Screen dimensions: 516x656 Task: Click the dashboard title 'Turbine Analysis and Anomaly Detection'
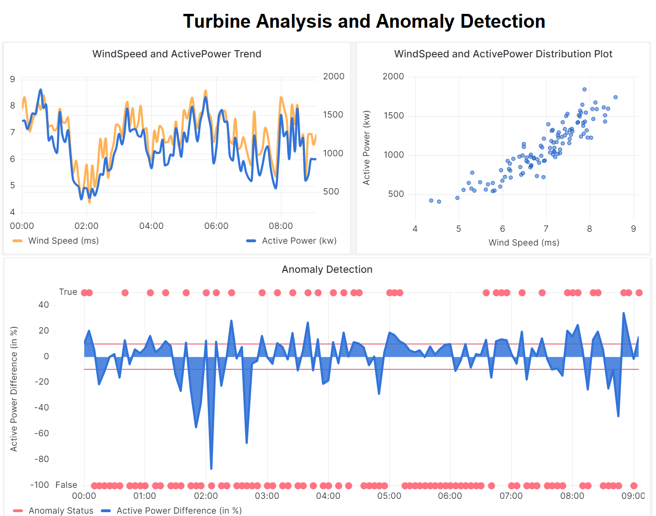click(x=364, y=21)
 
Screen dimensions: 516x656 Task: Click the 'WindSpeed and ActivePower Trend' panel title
click(x=177, y=54)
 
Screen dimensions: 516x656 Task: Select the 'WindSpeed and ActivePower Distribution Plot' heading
click(x=503, y=54)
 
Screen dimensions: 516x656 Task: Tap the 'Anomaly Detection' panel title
click(x=327, y=269)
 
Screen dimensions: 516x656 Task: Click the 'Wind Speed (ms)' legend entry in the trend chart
click(x=63, y=241)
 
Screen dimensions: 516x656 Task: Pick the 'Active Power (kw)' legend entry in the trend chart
click(x=299, y=241)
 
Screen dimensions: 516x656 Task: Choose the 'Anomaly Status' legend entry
click(x=61, y=511)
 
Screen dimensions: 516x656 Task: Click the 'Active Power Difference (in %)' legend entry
click(x=179, y=511)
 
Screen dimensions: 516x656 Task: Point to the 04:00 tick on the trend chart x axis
click(x=151, y=226)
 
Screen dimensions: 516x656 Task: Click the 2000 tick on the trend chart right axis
click(x=333, y=76)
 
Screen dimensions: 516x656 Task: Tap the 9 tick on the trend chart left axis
click(x=12, y=79)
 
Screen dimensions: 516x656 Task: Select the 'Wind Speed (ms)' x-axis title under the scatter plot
click(x=524, y=243)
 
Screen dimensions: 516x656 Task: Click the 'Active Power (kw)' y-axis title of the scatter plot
click(x=366, y=148)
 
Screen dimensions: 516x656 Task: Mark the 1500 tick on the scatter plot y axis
click(x=394, y=116)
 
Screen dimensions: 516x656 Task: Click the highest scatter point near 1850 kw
click(x=584, y=89)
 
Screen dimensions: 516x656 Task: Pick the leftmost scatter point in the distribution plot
click(x=431, y=201)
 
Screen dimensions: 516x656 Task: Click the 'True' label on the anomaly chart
click(x=68, y=292)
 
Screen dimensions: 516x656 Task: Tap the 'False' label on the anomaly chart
click(x=66, y=485)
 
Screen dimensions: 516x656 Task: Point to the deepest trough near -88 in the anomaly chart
click(x=211, y=469)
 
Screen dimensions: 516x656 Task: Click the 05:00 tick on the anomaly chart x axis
click(x=389, y=496)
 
